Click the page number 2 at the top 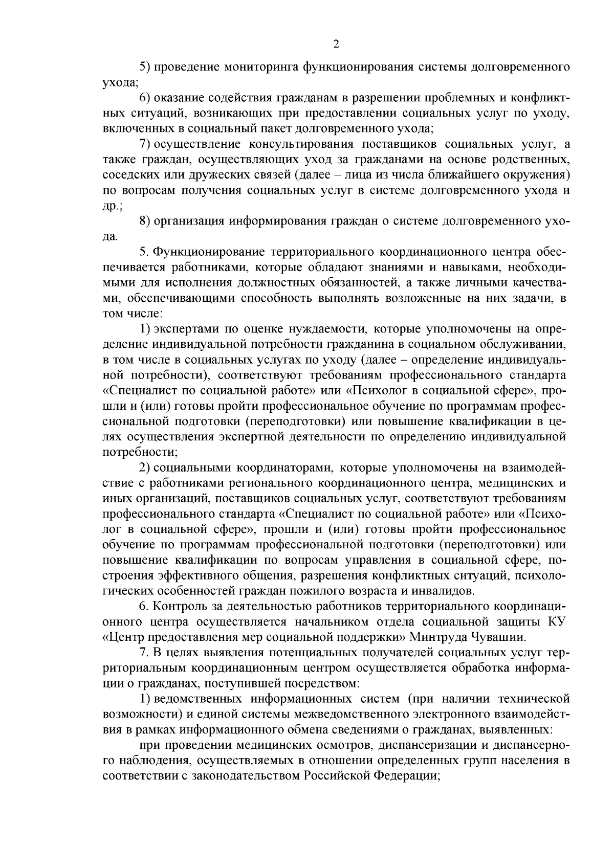336,44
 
